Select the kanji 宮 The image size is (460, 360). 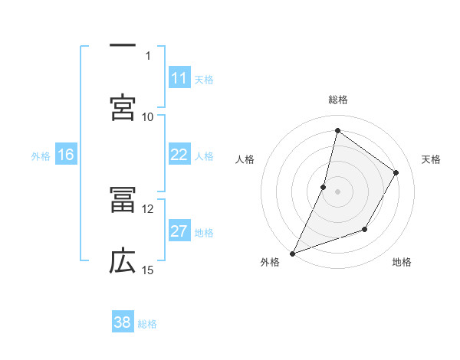click(x=123, y=107)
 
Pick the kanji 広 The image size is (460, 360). click(x=123, y=261)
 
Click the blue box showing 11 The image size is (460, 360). click(x=179, y=78)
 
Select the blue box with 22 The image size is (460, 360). click(x=179, y=155)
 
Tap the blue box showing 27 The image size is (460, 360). click(x=179, y=232)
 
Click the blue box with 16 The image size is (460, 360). click(x=66, y=155)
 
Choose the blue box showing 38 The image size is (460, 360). click(x=123, y=322)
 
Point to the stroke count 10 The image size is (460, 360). click(x=148, y=116)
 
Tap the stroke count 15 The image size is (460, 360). click(x=148, y=270)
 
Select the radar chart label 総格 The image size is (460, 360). click(x=338, y=100)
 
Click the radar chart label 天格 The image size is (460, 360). click(x=431, y=159)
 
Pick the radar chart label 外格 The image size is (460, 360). click(x=270, y=263)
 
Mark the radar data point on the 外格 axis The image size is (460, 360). click(x=292, y=253)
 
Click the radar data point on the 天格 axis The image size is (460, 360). click(x=396, y=173)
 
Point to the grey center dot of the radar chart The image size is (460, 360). click(x=337, y=191)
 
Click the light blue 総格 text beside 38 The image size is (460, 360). click(x=147, y=324)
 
